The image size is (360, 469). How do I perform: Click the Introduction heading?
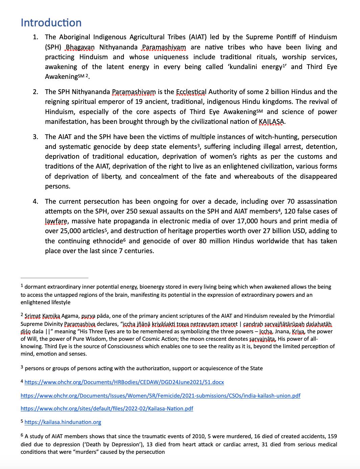51,23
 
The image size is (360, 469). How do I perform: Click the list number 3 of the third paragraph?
36,137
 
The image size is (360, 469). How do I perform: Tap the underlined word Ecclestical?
191,92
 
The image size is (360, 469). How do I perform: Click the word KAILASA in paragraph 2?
271,121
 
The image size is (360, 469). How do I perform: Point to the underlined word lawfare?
56,221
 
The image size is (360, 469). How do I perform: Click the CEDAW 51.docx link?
124,382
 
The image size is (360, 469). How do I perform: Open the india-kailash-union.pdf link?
160,396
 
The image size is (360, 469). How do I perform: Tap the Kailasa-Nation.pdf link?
107,408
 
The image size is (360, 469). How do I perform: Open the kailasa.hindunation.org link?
63,422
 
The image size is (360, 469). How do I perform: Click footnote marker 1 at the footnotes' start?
22,286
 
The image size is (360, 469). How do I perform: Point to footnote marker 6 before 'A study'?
22,436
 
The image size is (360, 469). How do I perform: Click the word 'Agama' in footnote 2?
70,316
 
